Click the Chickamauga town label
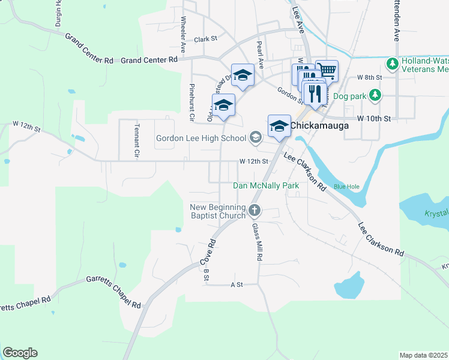(316, 127)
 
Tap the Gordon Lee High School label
(201, 139)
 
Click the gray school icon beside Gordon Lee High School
(255, 138)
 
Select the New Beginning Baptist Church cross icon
(255, 211)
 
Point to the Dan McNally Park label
(266, 186)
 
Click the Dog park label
(349, 95)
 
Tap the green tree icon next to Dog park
(375, 95)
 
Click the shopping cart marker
(327, 70)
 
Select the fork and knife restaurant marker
(315, 92)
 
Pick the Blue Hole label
(346, 187)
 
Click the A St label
(236, 284)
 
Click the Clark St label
(205, 39)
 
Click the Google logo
(20, 353)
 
